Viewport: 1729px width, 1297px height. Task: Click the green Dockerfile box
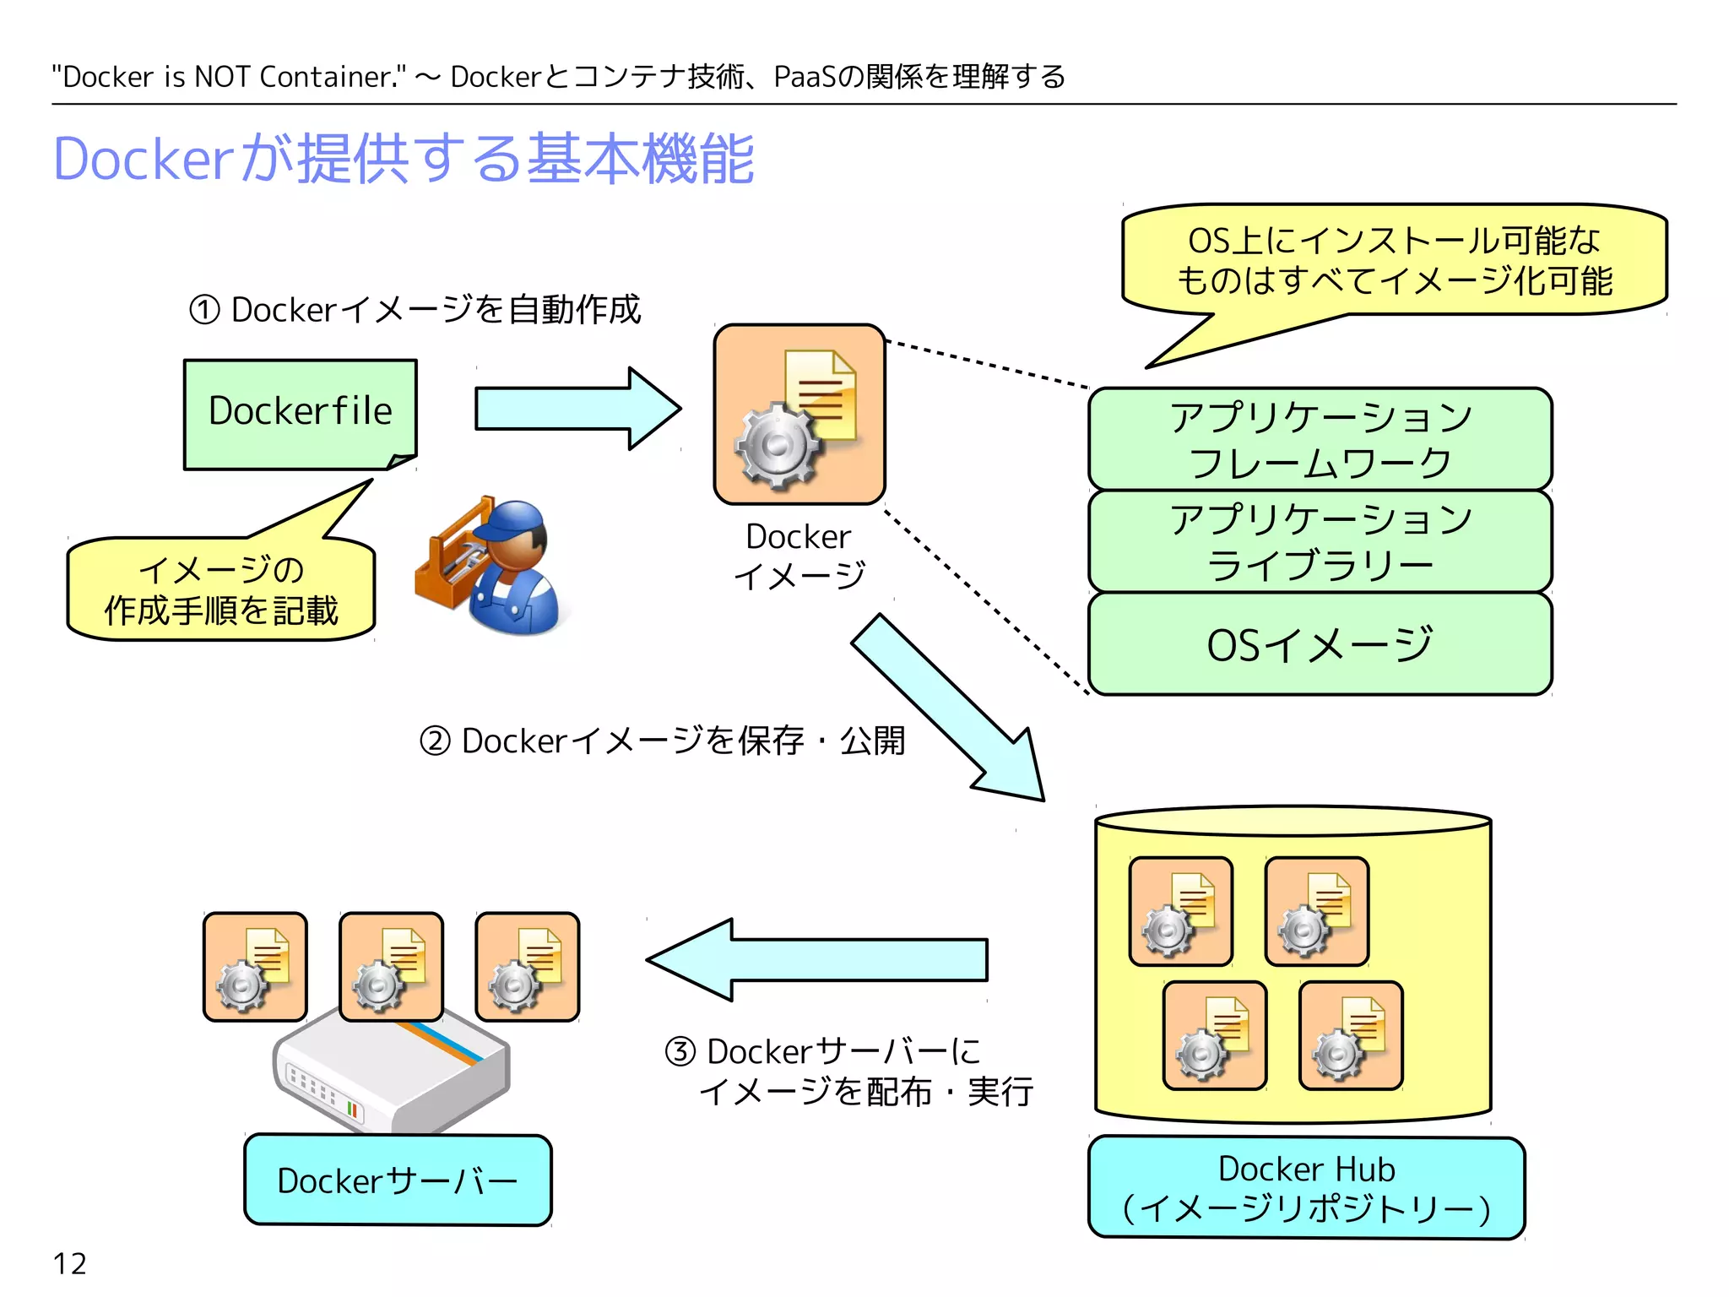(300, 413)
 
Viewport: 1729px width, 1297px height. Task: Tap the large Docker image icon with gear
(799, 414)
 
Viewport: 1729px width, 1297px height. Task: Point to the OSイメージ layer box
(1320, 644)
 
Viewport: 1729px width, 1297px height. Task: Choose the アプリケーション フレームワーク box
(1320, 439)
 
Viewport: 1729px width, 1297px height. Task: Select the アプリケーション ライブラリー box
(1320, 541)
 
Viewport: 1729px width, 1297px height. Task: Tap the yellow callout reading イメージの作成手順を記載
(221, 590)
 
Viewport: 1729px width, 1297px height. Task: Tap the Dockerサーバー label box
(398, 1180)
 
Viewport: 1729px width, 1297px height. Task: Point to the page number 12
(69, 1264)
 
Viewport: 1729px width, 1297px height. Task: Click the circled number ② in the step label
(435, 741)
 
